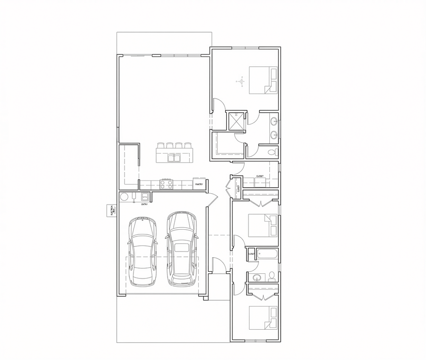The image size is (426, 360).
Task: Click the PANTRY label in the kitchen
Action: pyautogui.click(x=199, y=184)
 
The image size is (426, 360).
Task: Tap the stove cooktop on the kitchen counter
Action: pyautogui.click(x=166, y=184)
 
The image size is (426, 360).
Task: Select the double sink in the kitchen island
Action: pyautogui.click(x=173, y=158)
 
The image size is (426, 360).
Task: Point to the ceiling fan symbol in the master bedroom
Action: pyautogui.click(x=241, y=81)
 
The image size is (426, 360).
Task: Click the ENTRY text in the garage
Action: pyautogui.click(x=144, y=204)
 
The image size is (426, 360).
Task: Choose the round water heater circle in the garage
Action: pyautogui.click(x=124, y=197)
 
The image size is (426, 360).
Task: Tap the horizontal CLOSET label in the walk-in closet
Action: pyautogui.click(x=260, y=176)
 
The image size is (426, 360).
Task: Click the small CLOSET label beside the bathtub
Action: pyautogui.click(x=251, y=254)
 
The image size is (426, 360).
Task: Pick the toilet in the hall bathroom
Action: pyautogui.click(x=272, y=276)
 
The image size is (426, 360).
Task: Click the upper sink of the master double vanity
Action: pyautogui.click(x=274, y=122)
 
